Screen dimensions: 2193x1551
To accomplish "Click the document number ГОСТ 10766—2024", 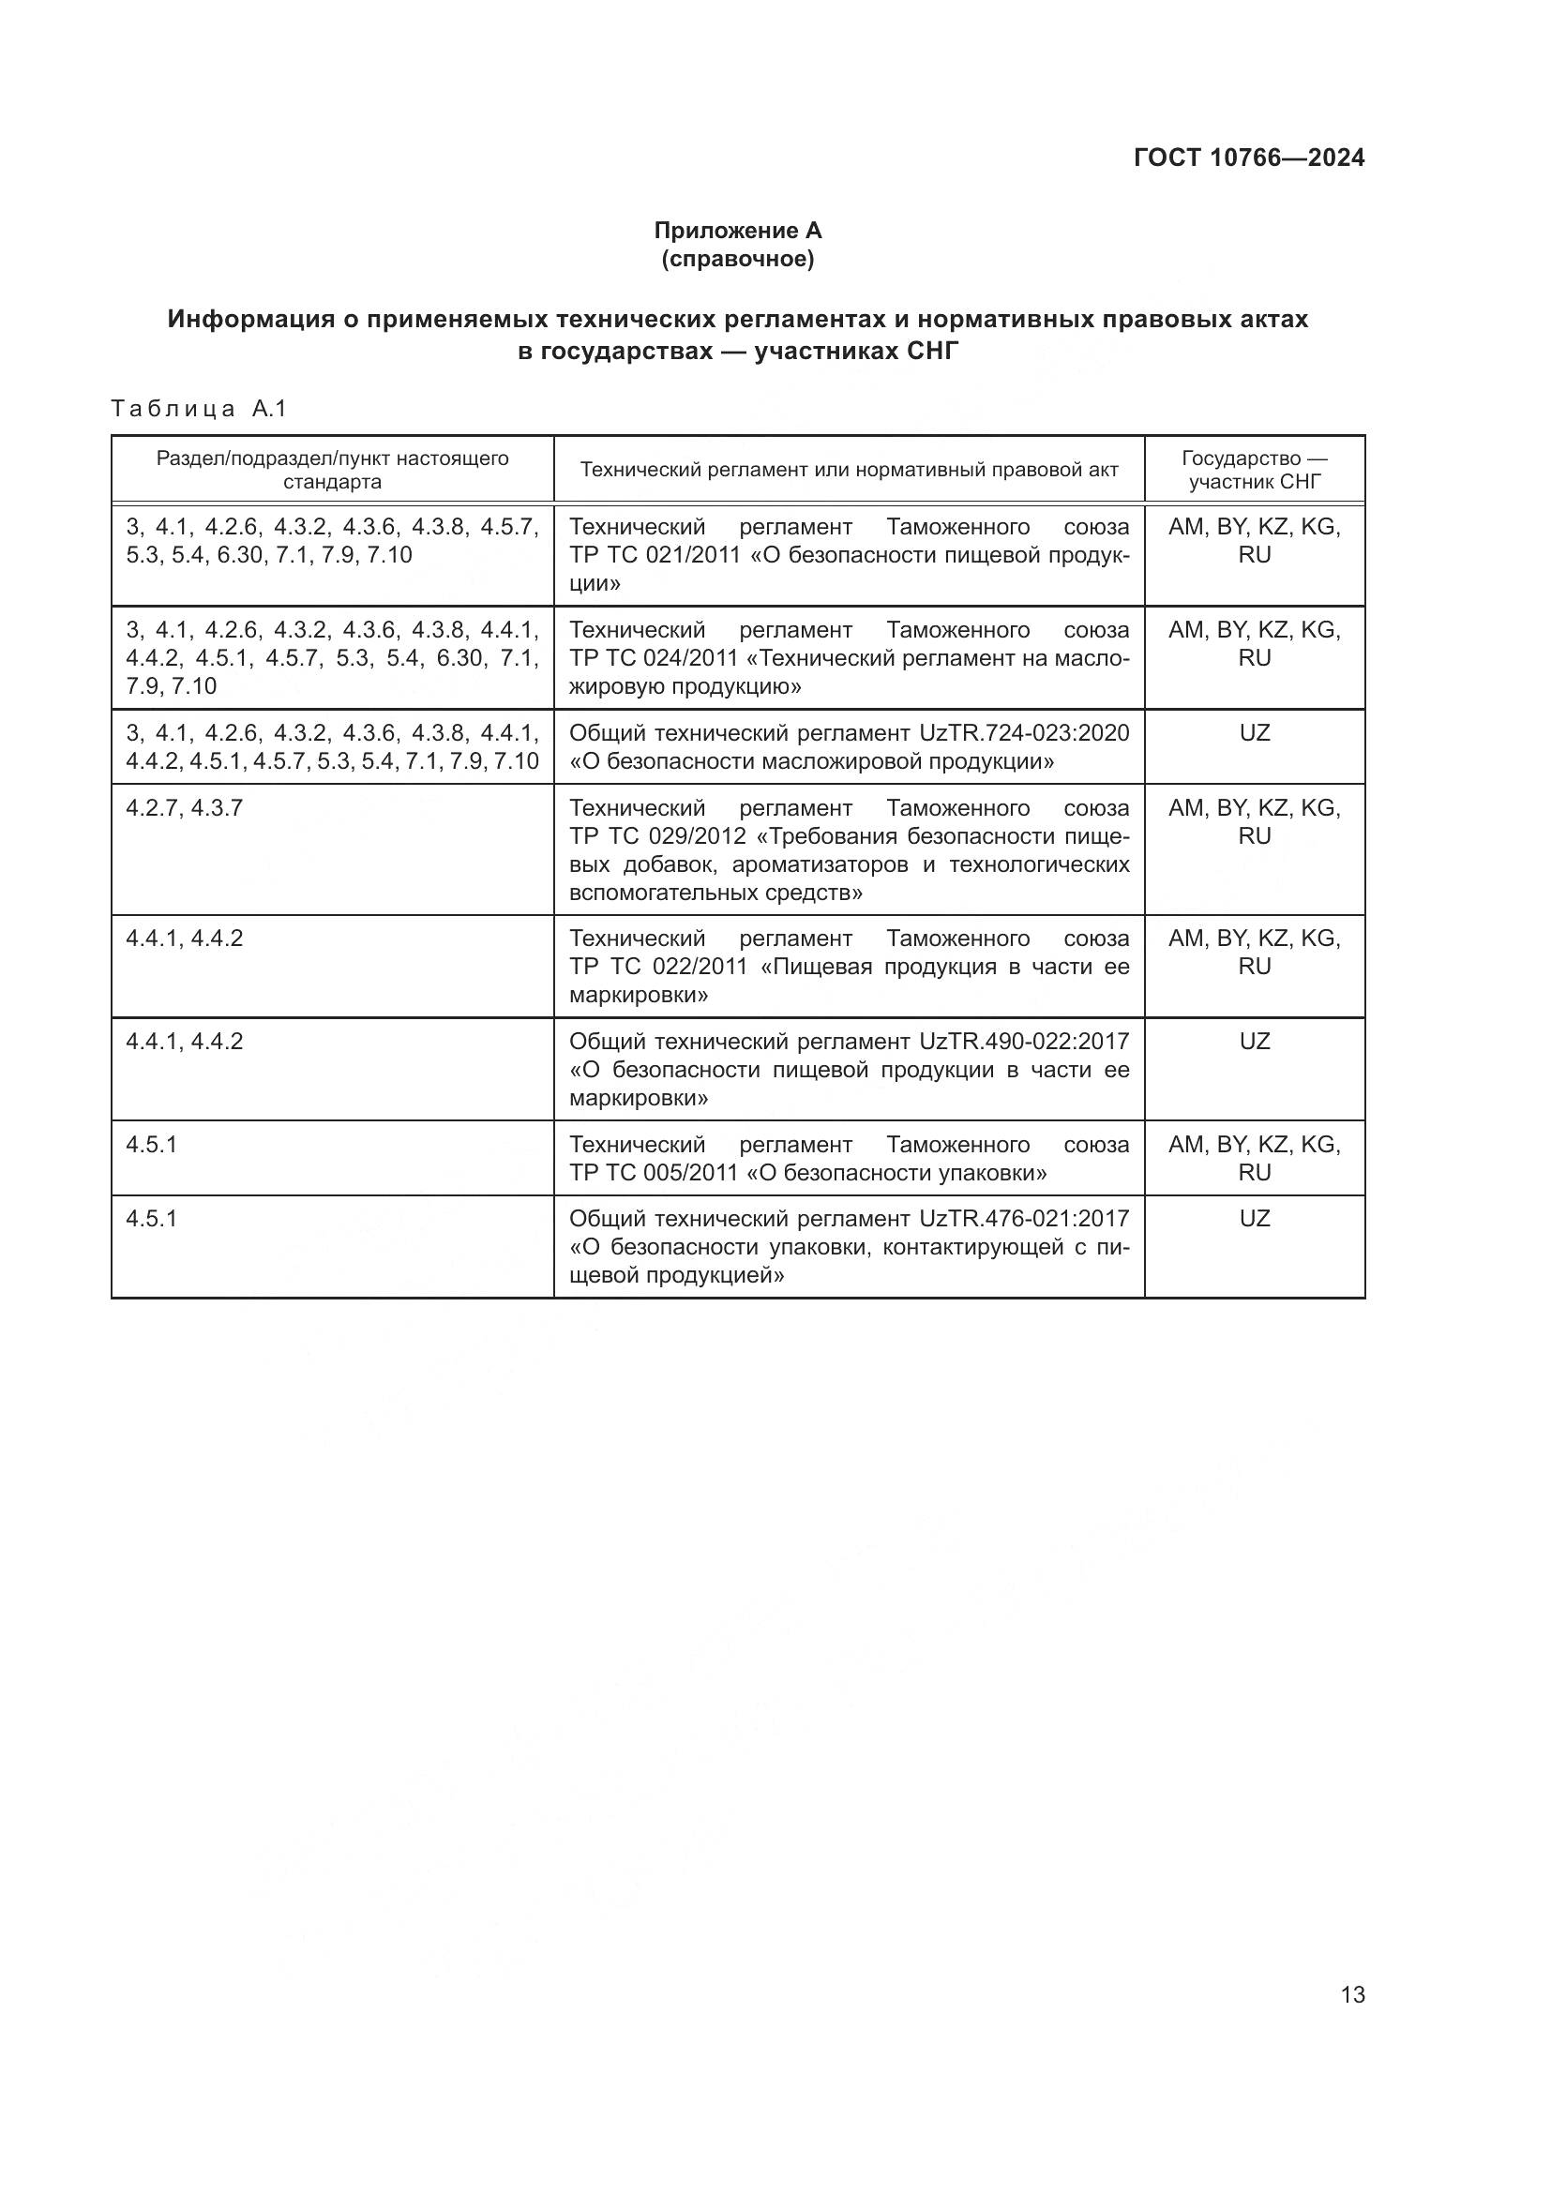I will click(x=1248, y=158).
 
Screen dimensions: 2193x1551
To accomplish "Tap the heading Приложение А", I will click(x=737, y=231).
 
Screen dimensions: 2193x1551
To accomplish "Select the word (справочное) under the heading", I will click(x=737, y=259).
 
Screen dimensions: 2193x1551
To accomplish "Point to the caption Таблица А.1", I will click(x=199, y=409).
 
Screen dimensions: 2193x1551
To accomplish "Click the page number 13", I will click(x=1352, y=1994).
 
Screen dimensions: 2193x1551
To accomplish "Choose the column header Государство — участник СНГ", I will click(x=1254, y=469).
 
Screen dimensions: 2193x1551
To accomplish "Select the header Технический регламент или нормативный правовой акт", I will click(x=849, y=470).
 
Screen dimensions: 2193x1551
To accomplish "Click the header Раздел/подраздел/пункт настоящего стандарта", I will click(x=332, y=469).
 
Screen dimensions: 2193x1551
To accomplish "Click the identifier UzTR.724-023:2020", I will click(x=1024, y=732).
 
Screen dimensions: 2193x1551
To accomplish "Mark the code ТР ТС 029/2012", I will click(x=657, y=836).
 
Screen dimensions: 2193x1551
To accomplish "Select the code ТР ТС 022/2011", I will click(x=658, y=967).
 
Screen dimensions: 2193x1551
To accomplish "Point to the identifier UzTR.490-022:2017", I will click(x=1024, y=1041).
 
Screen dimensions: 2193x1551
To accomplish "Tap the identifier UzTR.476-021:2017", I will click(x=1024, y=1219).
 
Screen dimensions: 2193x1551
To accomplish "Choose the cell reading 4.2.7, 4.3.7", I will click(x=185, y=808).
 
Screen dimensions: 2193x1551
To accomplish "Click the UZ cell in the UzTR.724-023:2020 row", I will click(x=1254, y=733).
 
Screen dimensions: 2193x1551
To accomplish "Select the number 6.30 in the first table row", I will click(x=240, y=555).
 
